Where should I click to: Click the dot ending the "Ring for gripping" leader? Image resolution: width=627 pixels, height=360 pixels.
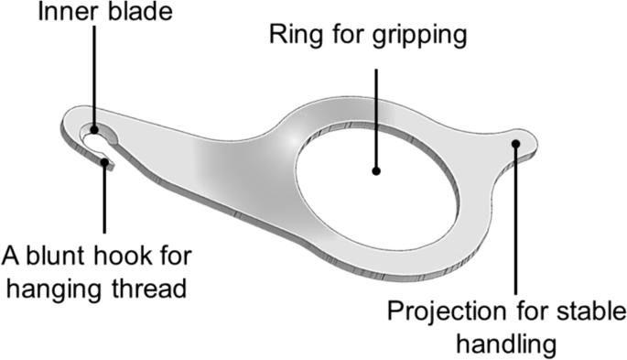(x=375, y=169)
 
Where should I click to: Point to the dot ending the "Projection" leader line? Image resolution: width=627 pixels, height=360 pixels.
(x=516, y=143)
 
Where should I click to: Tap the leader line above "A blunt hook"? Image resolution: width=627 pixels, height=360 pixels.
(x=106, y=202)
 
